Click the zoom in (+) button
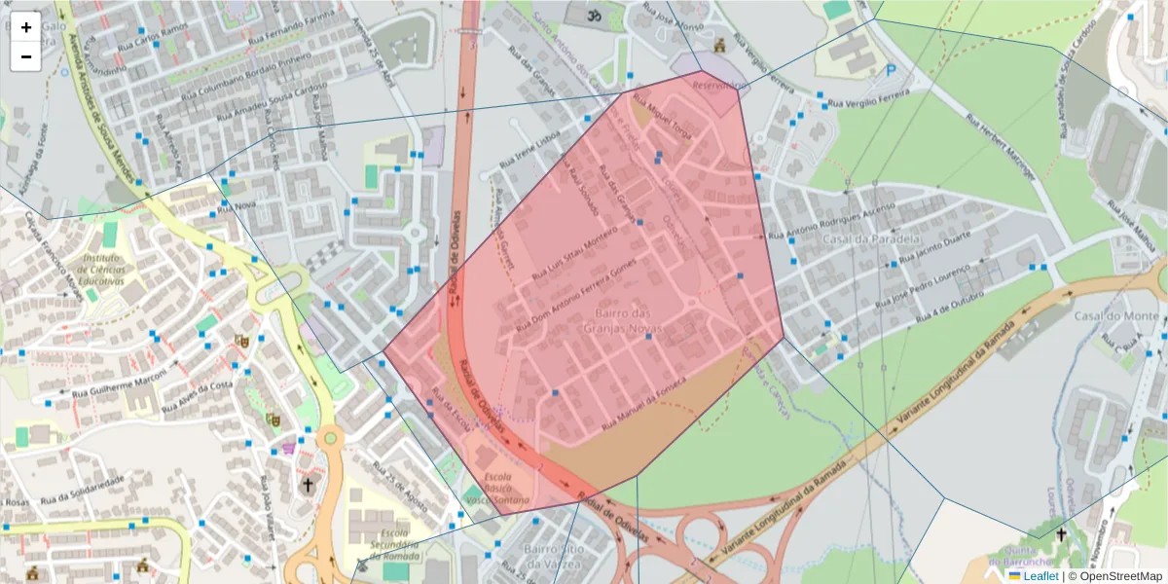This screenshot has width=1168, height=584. pos(26,27)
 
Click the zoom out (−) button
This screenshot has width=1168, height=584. pos(26,56)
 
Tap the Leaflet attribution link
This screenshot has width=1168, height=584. pos(1040,576)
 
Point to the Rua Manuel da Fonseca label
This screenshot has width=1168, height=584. pos(644,404)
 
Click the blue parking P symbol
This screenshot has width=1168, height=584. pos(892,71)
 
